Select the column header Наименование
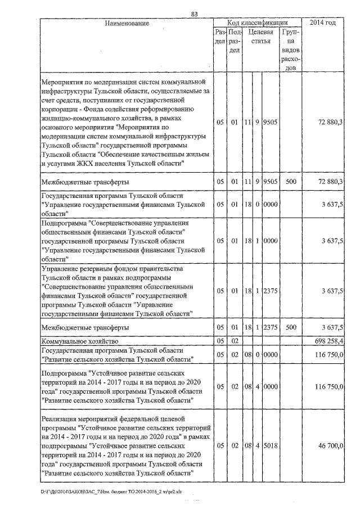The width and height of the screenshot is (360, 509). [127, 23]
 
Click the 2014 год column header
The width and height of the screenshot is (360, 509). [323, 23]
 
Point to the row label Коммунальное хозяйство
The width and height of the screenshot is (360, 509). [79, 340]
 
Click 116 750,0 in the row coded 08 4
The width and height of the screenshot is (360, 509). [328, 386]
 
